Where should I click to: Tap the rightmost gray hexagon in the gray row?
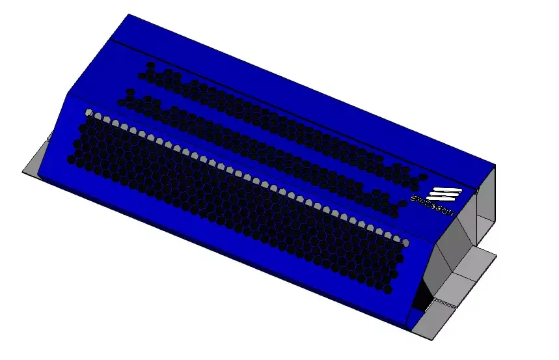(x=405, y=242)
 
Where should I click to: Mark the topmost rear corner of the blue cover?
(x=128, y=14)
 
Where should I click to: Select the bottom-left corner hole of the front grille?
(x=71, y=159)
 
